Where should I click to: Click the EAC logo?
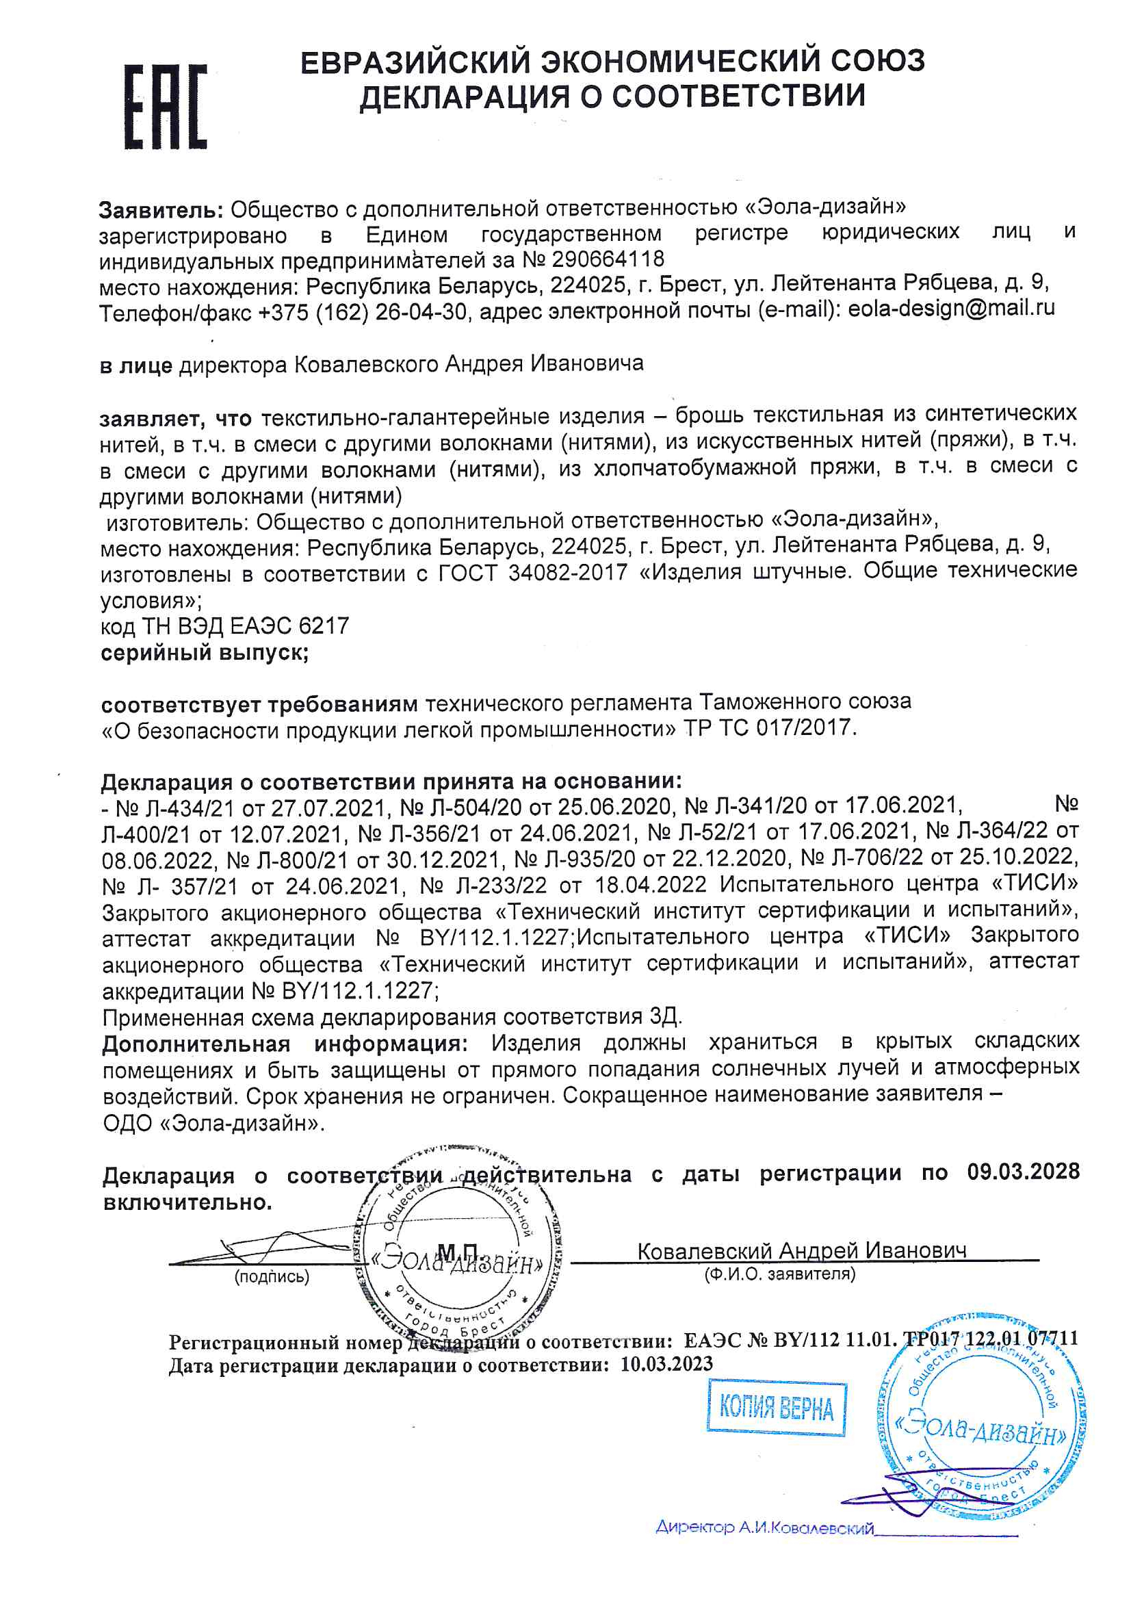166,107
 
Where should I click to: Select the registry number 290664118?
608,259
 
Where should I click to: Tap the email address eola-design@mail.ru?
951,308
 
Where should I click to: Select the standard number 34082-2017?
568,572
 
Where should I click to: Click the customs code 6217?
324,625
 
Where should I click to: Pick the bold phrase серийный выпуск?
205,653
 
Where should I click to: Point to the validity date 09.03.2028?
1023,1172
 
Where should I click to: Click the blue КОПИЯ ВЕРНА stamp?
777,1410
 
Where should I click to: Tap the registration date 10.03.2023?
667,1363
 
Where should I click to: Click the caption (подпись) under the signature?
272,1276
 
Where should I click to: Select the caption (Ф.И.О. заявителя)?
780,1274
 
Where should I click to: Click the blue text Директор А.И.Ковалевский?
764,1528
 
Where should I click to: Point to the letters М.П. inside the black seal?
458,1250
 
